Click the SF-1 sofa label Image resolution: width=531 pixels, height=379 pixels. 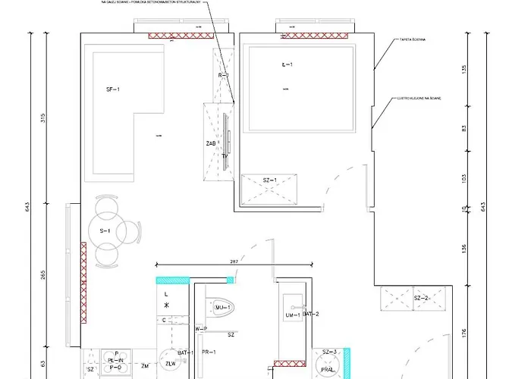[113, 89]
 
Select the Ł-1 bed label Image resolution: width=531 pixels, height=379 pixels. [287, 65]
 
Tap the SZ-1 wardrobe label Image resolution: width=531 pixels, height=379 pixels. [269, 180]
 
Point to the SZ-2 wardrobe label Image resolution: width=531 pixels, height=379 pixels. [423, 298]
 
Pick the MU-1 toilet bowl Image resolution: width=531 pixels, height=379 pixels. [222, 306]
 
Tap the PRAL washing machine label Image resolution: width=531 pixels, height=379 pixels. [328, 370]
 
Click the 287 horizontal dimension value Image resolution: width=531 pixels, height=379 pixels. [234, 261]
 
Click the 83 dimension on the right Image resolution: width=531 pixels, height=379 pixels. [463, 129]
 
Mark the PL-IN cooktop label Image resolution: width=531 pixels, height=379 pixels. [115, 360]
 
